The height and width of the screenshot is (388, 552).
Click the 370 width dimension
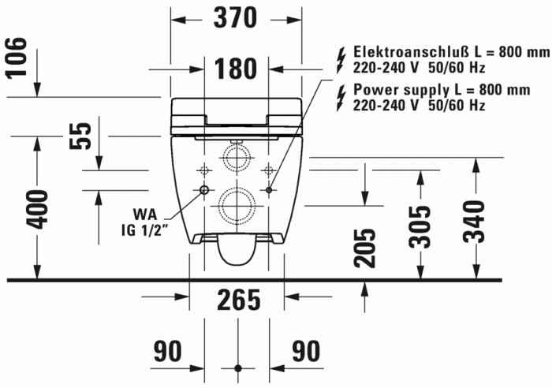pyautogui.click(x=237, y=17)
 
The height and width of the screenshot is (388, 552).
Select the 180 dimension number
pyautogui.click(x=237, y=69)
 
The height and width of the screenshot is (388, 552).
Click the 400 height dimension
pyautogui.click(x=38, y=208)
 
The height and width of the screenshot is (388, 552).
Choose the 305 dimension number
pyautogui.click(x=420, y=226)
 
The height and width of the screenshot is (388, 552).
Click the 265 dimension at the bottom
pyautogui.click(x=237, y=300)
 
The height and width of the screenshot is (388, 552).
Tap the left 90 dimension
pyautogui.click(x=168, y=351)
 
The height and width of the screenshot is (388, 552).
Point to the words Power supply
pyautogui.click(x=397, y=89)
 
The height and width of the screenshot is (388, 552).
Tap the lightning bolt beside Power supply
pyautogui.click(x=341, y=96)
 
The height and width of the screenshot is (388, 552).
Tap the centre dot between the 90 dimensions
pyautogui.click(x=237, y=368)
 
